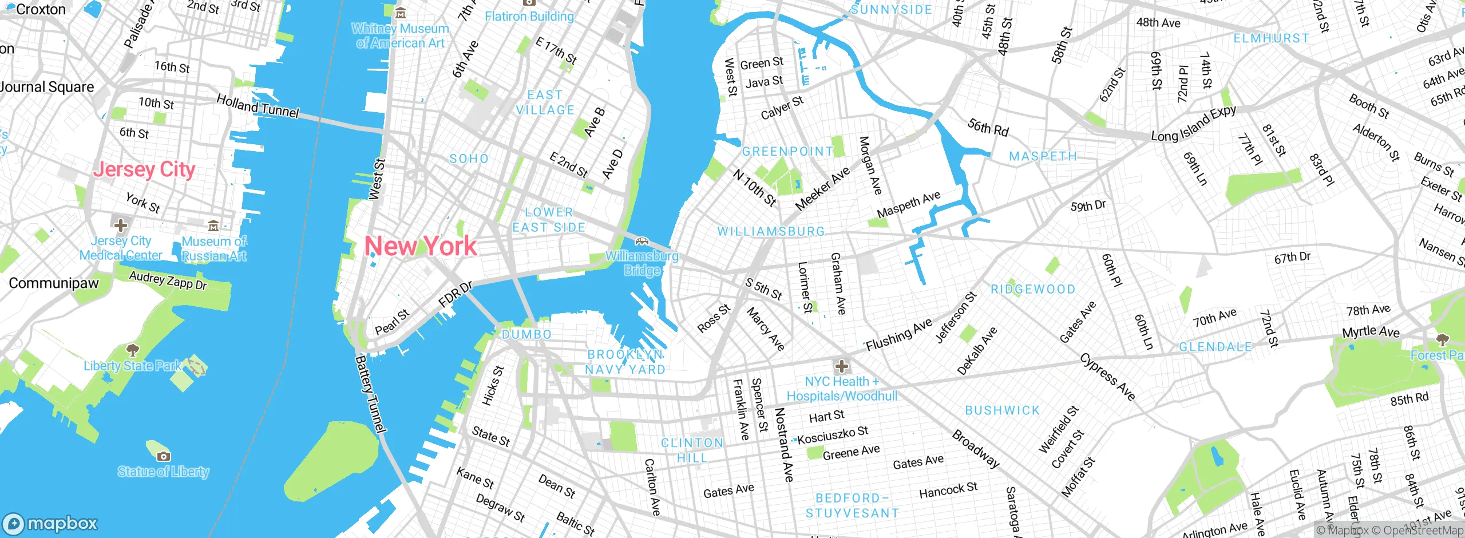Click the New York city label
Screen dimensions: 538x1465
[421, 246]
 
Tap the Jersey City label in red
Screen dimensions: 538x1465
[144, 169]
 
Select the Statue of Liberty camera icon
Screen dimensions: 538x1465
[163, 456]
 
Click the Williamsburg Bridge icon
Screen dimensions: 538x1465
[642, 241]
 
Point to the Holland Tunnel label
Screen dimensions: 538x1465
[258, 106]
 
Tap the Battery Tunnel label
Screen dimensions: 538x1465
[371, 394]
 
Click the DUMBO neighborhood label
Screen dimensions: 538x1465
[526, 334]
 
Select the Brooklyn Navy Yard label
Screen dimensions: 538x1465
[625, 362]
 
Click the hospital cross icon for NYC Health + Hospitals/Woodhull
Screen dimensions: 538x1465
[841, 366]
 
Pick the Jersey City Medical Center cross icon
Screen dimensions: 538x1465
[120, 224]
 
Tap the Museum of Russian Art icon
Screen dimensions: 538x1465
[213, 226]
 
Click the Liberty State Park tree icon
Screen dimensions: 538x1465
[132, 350]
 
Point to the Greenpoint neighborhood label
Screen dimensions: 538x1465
[787, 152]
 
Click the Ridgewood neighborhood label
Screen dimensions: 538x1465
[1033, 290]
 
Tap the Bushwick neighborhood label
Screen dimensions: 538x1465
[1002, 410]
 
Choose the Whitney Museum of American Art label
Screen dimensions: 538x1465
[400, 35]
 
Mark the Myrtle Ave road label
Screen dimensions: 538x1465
[1371, 332]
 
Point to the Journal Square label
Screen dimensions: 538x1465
[47, 87]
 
